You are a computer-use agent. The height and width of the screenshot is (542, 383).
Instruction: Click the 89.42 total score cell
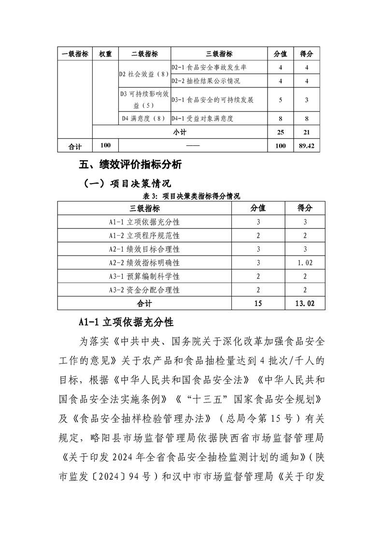click(x=307, y=145)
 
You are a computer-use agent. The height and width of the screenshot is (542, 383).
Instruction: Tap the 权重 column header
click(x=105, y=54)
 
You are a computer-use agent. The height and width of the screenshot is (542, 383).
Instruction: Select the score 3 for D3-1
click(x=307, y=100)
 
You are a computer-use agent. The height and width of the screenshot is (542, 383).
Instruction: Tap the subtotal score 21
click(x=307, y=132)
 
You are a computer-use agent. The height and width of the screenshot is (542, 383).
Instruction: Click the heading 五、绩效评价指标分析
click(x=130, y=165)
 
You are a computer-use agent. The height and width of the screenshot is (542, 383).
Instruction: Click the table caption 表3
click(x=192, y=196)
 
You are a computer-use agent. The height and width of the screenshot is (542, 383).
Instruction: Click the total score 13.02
click(x=305, y=303)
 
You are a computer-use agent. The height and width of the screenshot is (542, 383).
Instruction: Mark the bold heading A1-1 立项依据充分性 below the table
click(x=126, y=321)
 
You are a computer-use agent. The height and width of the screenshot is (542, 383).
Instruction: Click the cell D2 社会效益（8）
click(x=143, y=74)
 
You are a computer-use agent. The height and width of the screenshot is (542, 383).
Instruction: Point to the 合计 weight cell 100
click(x=105, y=145)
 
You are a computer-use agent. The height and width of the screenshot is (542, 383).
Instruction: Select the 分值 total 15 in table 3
click(x=258, y=303)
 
